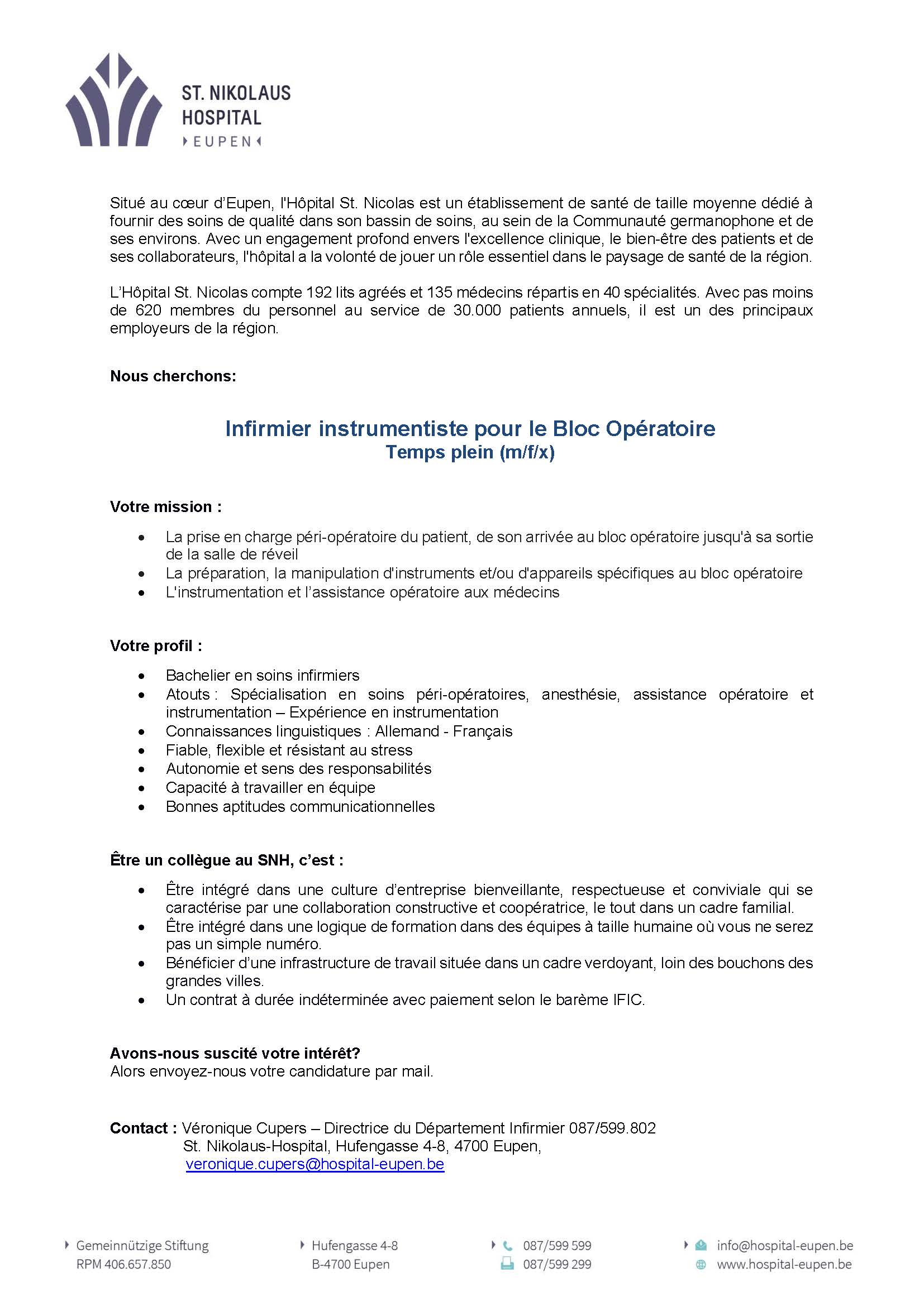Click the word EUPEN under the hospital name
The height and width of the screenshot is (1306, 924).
(222, 142)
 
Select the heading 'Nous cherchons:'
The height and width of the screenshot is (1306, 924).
(173, 376)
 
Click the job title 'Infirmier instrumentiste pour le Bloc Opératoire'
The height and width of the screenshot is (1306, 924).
(470, 428)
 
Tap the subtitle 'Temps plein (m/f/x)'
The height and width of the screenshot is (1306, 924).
(470, 452)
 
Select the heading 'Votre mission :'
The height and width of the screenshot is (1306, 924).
(165, 507)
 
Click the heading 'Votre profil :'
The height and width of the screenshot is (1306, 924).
(156, 646)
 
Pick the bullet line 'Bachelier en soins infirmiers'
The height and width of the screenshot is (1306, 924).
(263, 675)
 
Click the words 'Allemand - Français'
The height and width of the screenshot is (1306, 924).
(444, 731)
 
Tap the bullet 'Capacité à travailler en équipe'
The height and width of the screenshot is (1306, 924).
(270, 788)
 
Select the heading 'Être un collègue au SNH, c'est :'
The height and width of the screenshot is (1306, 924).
(226, 860)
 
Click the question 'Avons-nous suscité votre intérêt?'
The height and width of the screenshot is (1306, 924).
(235, 1053)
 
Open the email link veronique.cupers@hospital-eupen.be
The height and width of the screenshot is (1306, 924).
(315, 1164)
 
